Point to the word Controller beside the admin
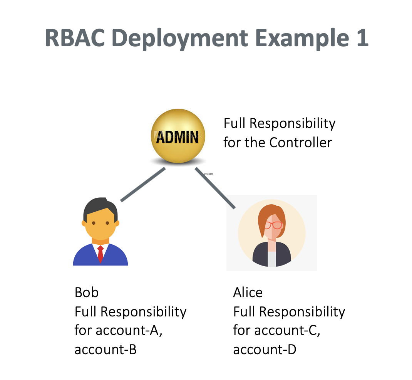[x=300, y=143]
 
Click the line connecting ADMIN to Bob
[x=143, y=185]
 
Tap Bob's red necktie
[x=100, y=253]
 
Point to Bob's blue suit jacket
[x=85, y=257]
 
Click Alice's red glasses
[x=274, y=225]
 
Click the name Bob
[x=87, y=293]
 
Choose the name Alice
[x=248, y=293]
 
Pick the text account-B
[x=106, y=350]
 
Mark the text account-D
[x=265, y=350]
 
